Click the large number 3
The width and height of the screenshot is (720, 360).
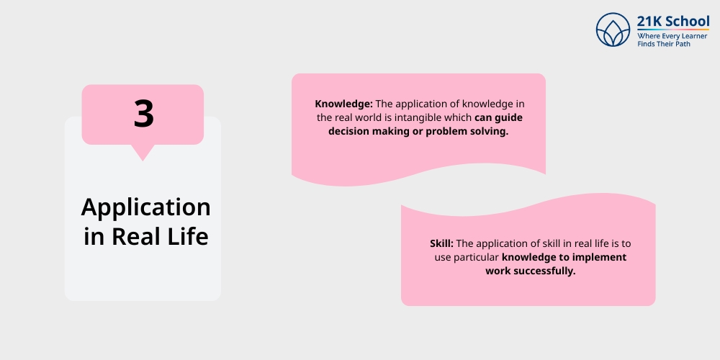pyautogui.click(x=143, y=114)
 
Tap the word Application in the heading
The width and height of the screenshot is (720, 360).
pyautogui.click(x=145, y=208)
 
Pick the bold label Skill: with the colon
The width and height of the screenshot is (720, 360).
pyautogui.click(x=441, y=243)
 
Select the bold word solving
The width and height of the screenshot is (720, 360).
pyautogui.click(x=489, y=131)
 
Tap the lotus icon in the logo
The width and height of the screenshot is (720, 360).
pyautogui.click(x=613, y=30)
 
